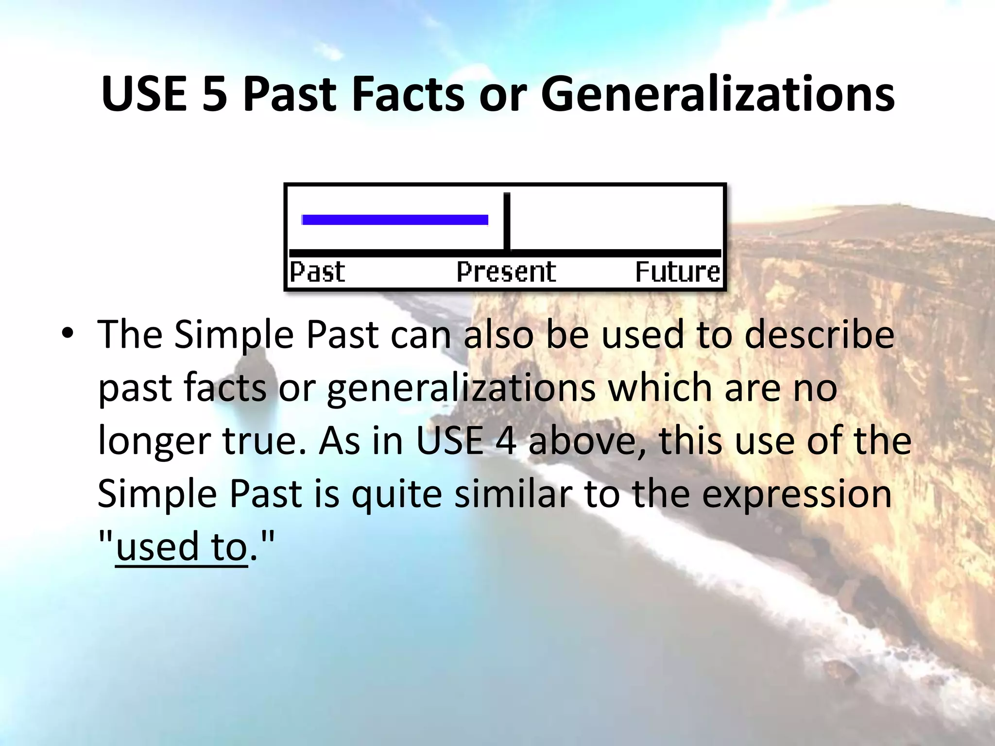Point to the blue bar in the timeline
click(x=395, y=220)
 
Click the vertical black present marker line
click(x=507, y=221)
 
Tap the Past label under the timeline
click(x=317, y=272)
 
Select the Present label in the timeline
click(x=506, y=272)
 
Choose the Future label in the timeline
click(x=677, y=272)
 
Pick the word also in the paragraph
click(x=498, y=335)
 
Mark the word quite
click(x=396, y=494)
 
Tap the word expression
click(x=797, y=494)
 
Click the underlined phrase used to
click(x=182, y=547)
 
